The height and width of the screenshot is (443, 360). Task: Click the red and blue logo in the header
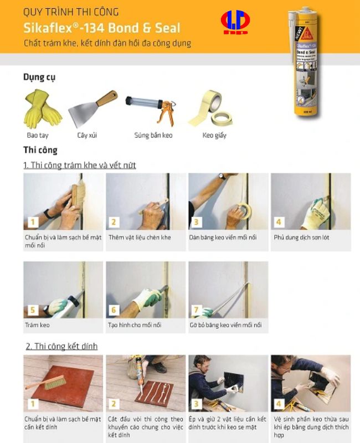[235, 22]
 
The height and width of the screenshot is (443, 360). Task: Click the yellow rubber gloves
[42, 109]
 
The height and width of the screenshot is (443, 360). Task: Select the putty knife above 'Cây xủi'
[92, 109]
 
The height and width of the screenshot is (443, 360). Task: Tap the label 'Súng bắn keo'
[153, 135]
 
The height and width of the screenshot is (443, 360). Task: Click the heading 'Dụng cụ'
[39, 78]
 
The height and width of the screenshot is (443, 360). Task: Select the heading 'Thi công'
[40, 150]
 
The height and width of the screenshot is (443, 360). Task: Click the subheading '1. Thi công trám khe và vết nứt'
[79, 165]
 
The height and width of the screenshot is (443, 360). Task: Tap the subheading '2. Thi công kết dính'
[61, 347]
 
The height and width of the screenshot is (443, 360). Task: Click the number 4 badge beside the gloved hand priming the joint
[279, 222]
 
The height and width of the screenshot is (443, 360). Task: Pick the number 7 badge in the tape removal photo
[197, 310]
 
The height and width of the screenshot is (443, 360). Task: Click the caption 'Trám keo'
[37, 325]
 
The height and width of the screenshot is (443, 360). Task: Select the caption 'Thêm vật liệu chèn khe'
[140, 238]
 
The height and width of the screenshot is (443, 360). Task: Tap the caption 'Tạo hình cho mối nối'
[135, 325]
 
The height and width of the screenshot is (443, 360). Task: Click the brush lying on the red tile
[46, 383]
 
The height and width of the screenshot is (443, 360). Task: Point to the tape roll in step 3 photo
[245, 211]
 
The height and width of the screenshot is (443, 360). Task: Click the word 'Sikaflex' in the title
[48, 28]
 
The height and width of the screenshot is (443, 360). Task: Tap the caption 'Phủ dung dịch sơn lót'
[301, 238]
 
